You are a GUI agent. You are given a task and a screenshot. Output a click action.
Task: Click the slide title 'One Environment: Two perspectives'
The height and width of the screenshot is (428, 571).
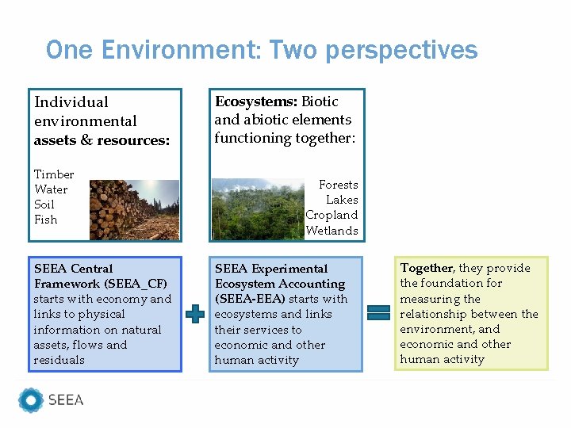click(262, 50)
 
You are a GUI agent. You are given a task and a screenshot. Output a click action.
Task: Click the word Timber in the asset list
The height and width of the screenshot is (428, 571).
click(54, 174)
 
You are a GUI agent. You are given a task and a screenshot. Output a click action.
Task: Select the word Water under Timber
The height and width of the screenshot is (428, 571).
click(51, 189)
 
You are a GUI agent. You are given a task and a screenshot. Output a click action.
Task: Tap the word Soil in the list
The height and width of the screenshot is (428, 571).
click(44, 204)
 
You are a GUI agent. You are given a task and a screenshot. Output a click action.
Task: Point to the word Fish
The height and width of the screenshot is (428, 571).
click(46, 220)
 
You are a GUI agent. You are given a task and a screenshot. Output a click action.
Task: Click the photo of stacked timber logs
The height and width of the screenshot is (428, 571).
click(133, 209)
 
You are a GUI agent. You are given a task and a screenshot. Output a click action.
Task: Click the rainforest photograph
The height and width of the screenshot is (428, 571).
click(258, 209)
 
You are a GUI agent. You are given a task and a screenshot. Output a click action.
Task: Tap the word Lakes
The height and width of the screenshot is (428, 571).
click(342, 200)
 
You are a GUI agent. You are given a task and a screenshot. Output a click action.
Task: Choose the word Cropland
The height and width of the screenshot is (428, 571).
click(331, 215)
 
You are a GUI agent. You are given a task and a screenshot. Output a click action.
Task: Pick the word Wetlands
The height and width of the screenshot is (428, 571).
click(331, 231)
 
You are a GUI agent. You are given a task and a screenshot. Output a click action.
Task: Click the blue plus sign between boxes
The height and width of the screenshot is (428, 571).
click(194, 314)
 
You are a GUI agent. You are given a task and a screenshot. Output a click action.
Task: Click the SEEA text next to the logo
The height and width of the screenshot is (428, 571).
click(66, 400)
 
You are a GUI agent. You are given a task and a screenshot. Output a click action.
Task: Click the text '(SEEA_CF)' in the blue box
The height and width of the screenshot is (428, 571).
click(136, 284)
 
